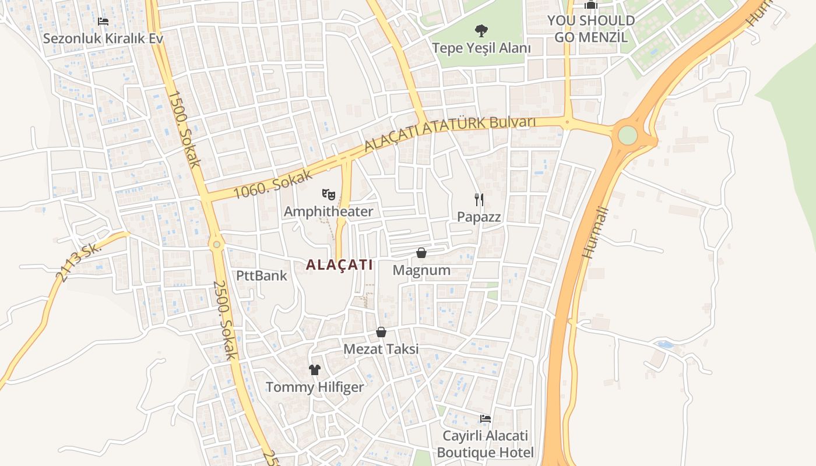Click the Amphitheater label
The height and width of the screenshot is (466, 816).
click(x=328, y=211)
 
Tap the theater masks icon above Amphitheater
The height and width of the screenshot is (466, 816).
click(x=329, y=194)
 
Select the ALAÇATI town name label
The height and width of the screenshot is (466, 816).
click(x=339, y=264)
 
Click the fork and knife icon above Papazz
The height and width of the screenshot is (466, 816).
click(x=479, y=200)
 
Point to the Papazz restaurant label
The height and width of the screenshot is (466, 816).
click(x=479, y=217)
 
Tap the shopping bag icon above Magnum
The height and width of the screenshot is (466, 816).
click(x=421, y=253)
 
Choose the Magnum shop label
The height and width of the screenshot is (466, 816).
click(x=421, y=270)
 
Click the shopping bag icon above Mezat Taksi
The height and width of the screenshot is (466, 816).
click(x=381, y=332)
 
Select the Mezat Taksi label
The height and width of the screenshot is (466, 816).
click(x=381, y=349)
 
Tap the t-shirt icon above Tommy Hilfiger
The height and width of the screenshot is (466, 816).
click(x=315, y=370)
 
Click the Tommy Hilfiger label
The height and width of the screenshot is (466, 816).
click(x=315, y=387)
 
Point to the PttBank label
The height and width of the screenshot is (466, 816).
click(x=262, y=276)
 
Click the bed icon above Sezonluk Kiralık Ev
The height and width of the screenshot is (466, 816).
click(x=103, y=22)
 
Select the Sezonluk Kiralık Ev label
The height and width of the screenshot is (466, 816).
click(x=103, y=39)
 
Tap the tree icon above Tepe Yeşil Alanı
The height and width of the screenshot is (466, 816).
click(x=481, y=30)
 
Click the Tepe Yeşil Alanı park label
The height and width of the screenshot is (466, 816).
click(x=481, y=48)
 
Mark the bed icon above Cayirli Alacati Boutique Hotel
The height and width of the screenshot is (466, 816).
click(x=486, y=418)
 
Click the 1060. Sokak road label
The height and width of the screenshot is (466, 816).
click(x=273, y=184)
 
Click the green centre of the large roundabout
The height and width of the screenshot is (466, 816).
click(x=628, y=135)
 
